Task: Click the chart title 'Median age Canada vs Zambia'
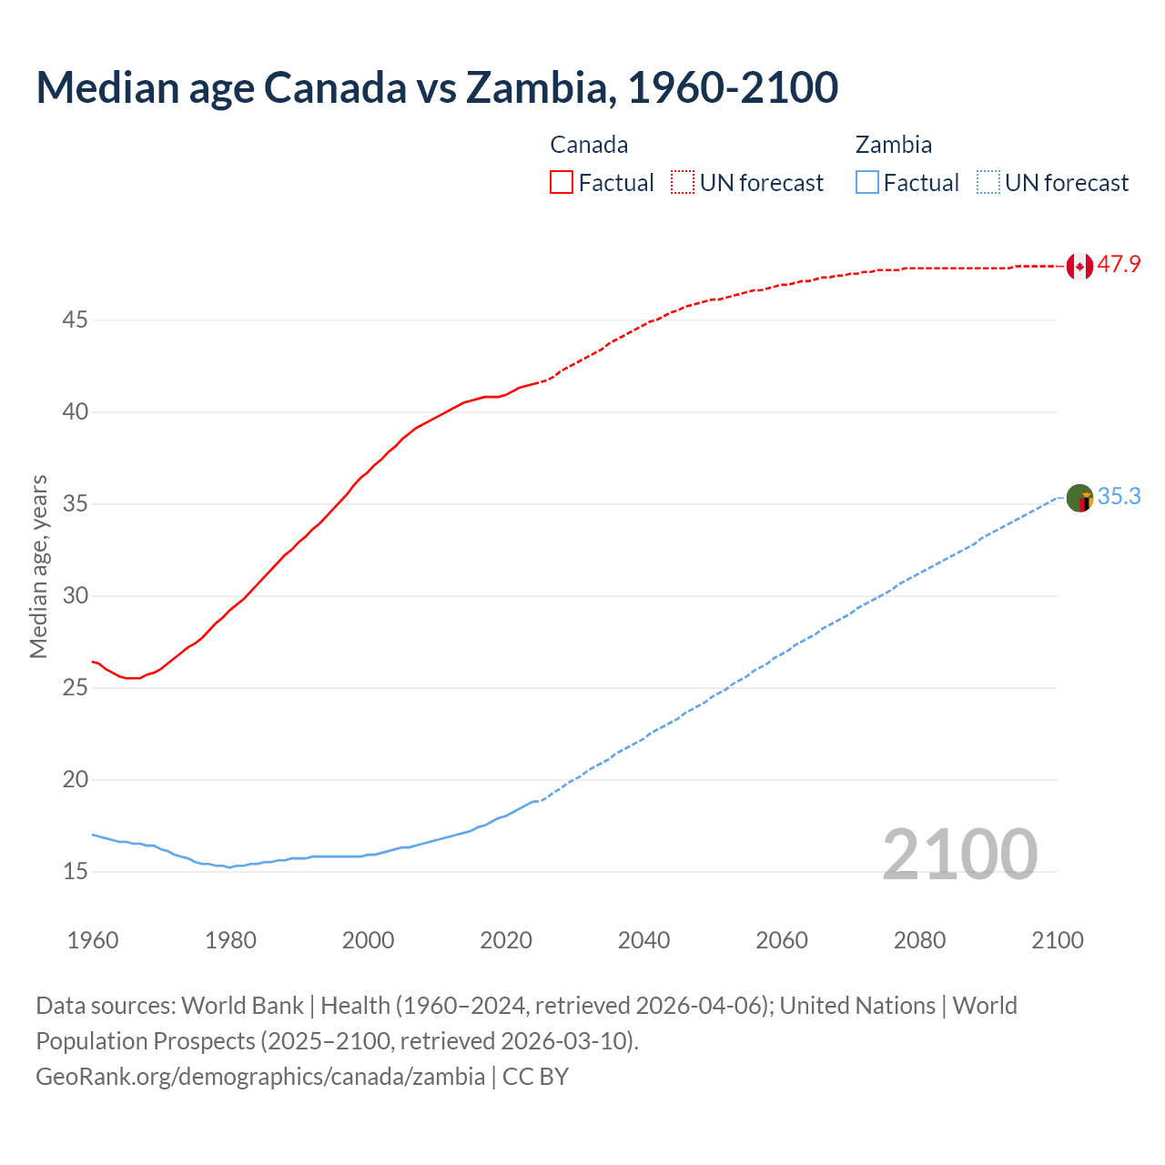coord(437,87)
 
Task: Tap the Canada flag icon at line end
coord(1079,266)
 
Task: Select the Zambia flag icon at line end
coord(1079,498)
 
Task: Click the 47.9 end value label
coord(1119,265)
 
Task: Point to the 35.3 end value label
coord(1119,497)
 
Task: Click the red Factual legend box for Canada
coord(562,182)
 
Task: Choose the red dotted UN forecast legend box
coord(683,182)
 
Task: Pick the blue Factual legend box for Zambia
coord(867,182)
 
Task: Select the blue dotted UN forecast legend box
coord(988,182)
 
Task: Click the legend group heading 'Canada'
coord(589,145)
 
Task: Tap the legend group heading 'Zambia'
coord(893,145)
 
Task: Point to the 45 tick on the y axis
coord(76,320)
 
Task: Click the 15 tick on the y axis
coord(76,872)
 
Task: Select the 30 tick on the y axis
coord(76,596)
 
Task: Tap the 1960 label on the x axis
coord(93,940)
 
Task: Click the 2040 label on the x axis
coord(643,940)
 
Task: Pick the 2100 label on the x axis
coord(1057,940)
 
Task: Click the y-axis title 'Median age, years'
coord(38,566)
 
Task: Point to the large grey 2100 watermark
coord(959,855)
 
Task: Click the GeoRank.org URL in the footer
coord(260,1077)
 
